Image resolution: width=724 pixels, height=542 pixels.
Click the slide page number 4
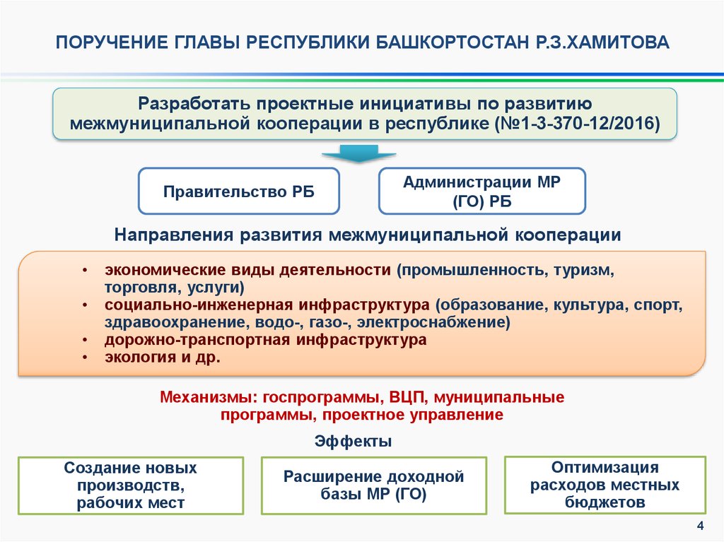coord(701,525)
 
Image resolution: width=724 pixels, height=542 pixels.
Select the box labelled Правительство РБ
coord(239,192)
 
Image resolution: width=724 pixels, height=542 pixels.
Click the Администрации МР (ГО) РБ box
coord(481,192)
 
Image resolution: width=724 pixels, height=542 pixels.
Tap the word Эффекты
coord(354,442)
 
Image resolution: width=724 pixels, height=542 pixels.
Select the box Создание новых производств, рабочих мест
coord(131,485)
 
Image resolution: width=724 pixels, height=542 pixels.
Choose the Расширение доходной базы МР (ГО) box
coord(374,485)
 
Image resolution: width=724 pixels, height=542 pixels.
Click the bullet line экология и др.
coord(163,358)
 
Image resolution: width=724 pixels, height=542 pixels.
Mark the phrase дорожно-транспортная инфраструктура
coord(266,340)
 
